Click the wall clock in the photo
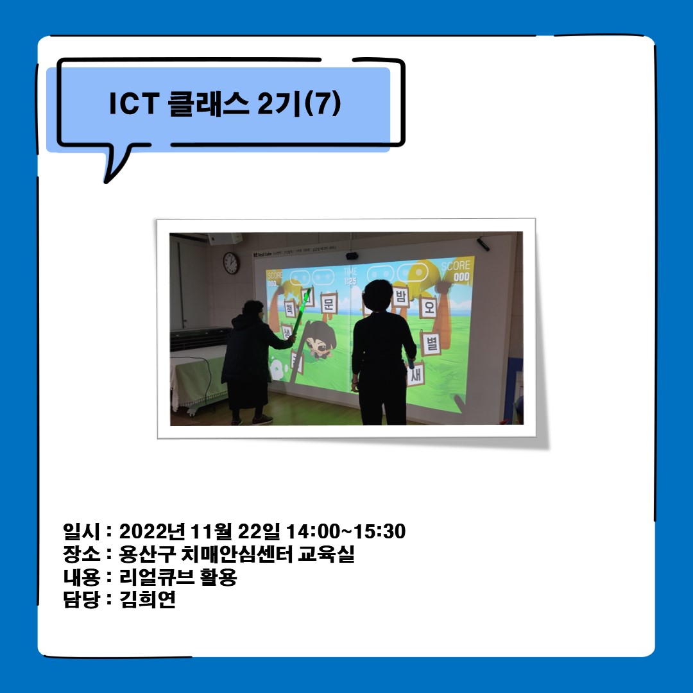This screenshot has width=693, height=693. tap(230, 263)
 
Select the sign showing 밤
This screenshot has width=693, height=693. tap(402, 296)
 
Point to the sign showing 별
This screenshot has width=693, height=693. tap(430, 343)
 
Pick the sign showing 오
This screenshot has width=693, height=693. tap(429, 307)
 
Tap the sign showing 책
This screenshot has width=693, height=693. tap(289, 307)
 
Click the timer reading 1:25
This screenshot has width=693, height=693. tap(350, 281)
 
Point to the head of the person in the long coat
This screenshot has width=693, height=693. tap(253, 309)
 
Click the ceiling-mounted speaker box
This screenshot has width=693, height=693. tap(225, 239)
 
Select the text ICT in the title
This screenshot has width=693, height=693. tap(132, 105)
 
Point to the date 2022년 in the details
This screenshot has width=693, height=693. tap(151, 531)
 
